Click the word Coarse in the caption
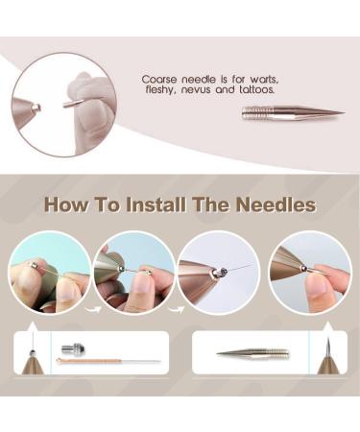pos(158,80)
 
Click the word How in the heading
pos(66,205)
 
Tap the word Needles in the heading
pos(275,205)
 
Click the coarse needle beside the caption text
pos(292,112)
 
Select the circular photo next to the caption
pos(63,104)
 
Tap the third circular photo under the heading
pos(219,272)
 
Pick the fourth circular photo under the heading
pos(309,272)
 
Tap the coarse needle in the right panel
pos(252,353)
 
